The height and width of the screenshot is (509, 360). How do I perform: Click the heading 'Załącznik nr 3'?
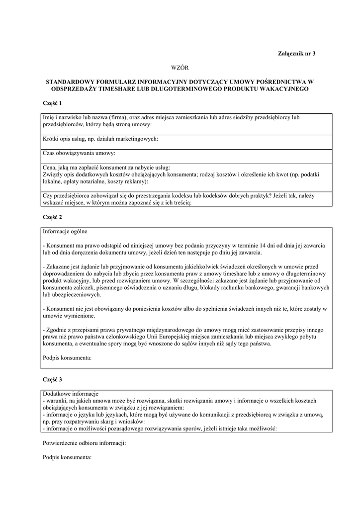point(296,53)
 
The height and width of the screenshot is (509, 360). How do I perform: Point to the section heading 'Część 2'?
point(52,217)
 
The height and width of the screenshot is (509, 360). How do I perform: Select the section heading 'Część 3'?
point(52,380)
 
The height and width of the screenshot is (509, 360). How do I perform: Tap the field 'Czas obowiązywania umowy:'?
point(79,153)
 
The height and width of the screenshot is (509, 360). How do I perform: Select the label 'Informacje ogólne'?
point(65,232)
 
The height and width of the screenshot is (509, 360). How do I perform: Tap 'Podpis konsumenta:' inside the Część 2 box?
point(67,357)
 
